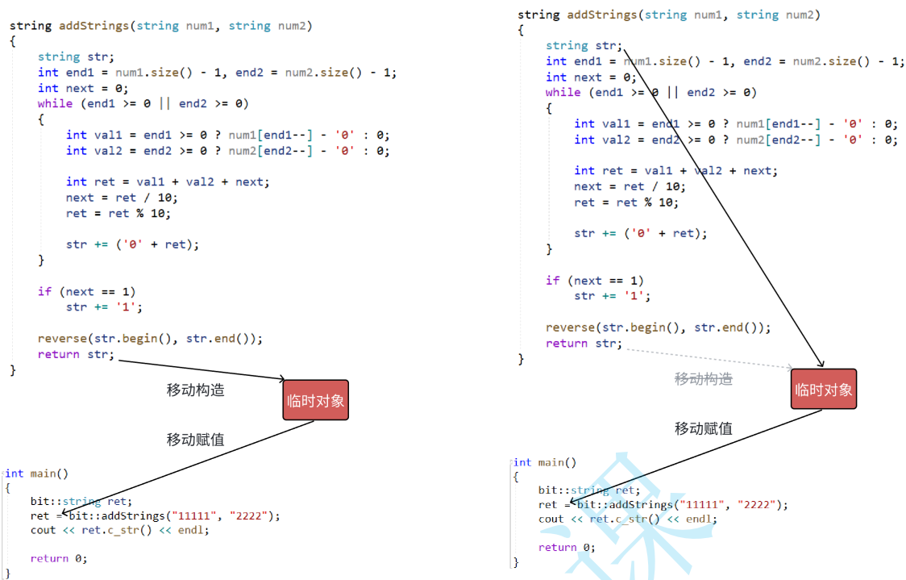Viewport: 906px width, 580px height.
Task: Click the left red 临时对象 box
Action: pos(315,400)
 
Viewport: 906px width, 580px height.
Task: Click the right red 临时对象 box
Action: pos(823,389)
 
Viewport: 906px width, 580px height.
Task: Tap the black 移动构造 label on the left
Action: pos(195,390)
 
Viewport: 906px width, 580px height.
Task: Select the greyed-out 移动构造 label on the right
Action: pos(703,379)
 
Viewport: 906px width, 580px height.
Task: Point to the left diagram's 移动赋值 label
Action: pos(195,440)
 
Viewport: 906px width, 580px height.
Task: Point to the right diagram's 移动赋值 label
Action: pos(703,428)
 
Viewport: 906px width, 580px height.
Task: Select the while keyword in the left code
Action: pos(55,103)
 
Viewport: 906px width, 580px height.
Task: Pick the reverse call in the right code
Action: pos(570,328)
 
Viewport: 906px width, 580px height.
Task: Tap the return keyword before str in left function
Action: pos(58,354)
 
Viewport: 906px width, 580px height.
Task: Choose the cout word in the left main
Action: pos(44,530)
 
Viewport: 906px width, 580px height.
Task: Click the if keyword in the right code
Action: pos(552,281)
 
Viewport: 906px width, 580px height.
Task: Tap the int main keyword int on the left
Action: pos(15,474)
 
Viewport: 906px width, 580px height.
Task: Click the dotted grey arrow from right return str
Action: pos(709,357)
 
